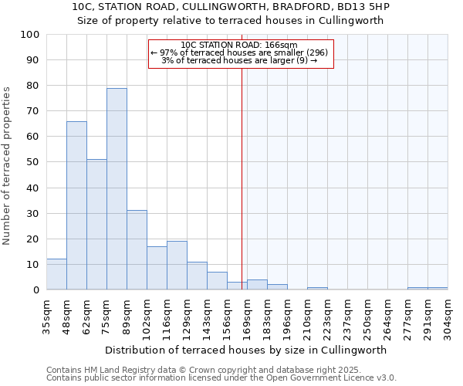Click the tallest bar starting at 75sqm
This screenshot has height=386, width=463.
pyautogui.click(x=117, y=189)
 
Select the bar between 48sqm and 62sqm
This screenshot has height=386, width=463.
pyautogui.click(x=76, y=205)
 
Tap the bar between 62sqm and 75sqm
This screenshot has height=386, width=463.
pyautogui.click(x=96, y=225)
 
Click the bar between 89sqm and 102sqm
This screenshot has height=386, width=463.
pyautogui.click(x=137, y=250)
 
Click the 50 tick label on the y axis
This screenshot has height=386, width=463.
pyautogui.click(x=33, y=163)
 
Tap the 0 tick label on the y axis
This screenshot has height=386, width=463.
pyautogui.click(x=36, y=290)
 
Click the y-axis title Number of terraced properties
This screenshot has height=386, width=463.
pyautogui.click(x=8, y=166)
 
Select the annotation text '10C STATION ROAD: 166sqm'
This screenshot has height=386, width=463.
pyautogui.click(x=239, y=46)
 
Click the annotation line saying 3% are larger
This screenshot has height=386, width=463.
pyautogui.click(x=239, y=60)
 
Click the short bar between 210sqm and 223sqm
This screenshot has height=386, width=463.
pyautogui.click(x=317, y=289)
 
